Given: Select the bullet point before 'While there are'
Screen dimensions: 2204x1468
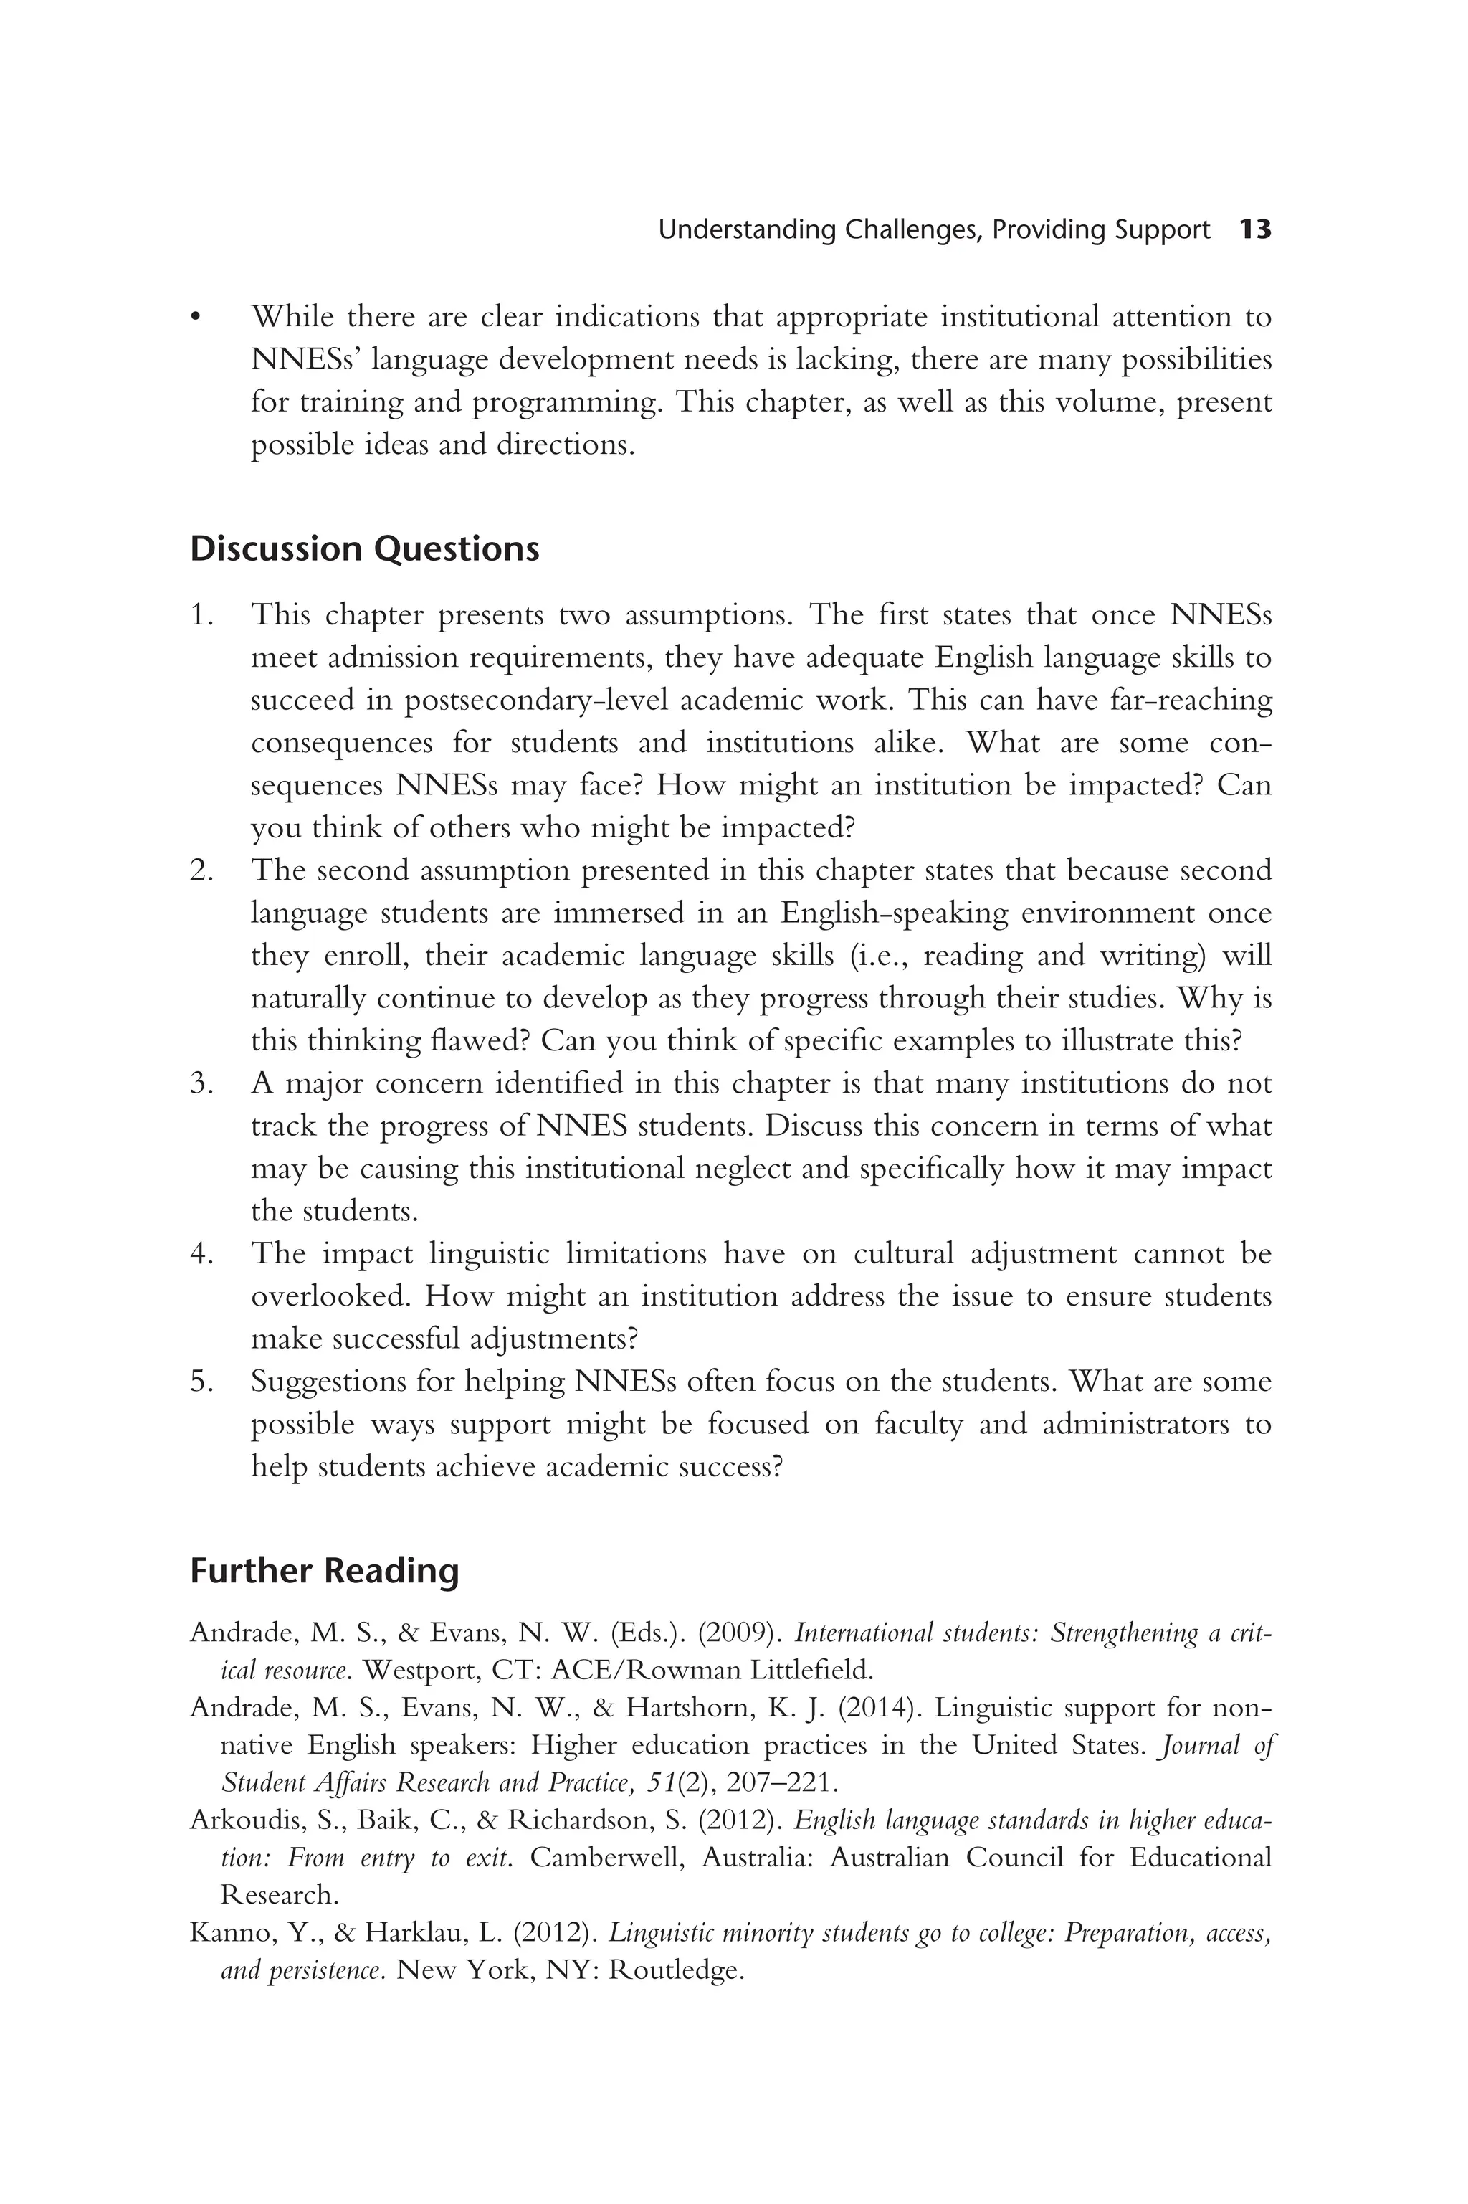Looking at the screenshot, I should coord(196,318).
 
